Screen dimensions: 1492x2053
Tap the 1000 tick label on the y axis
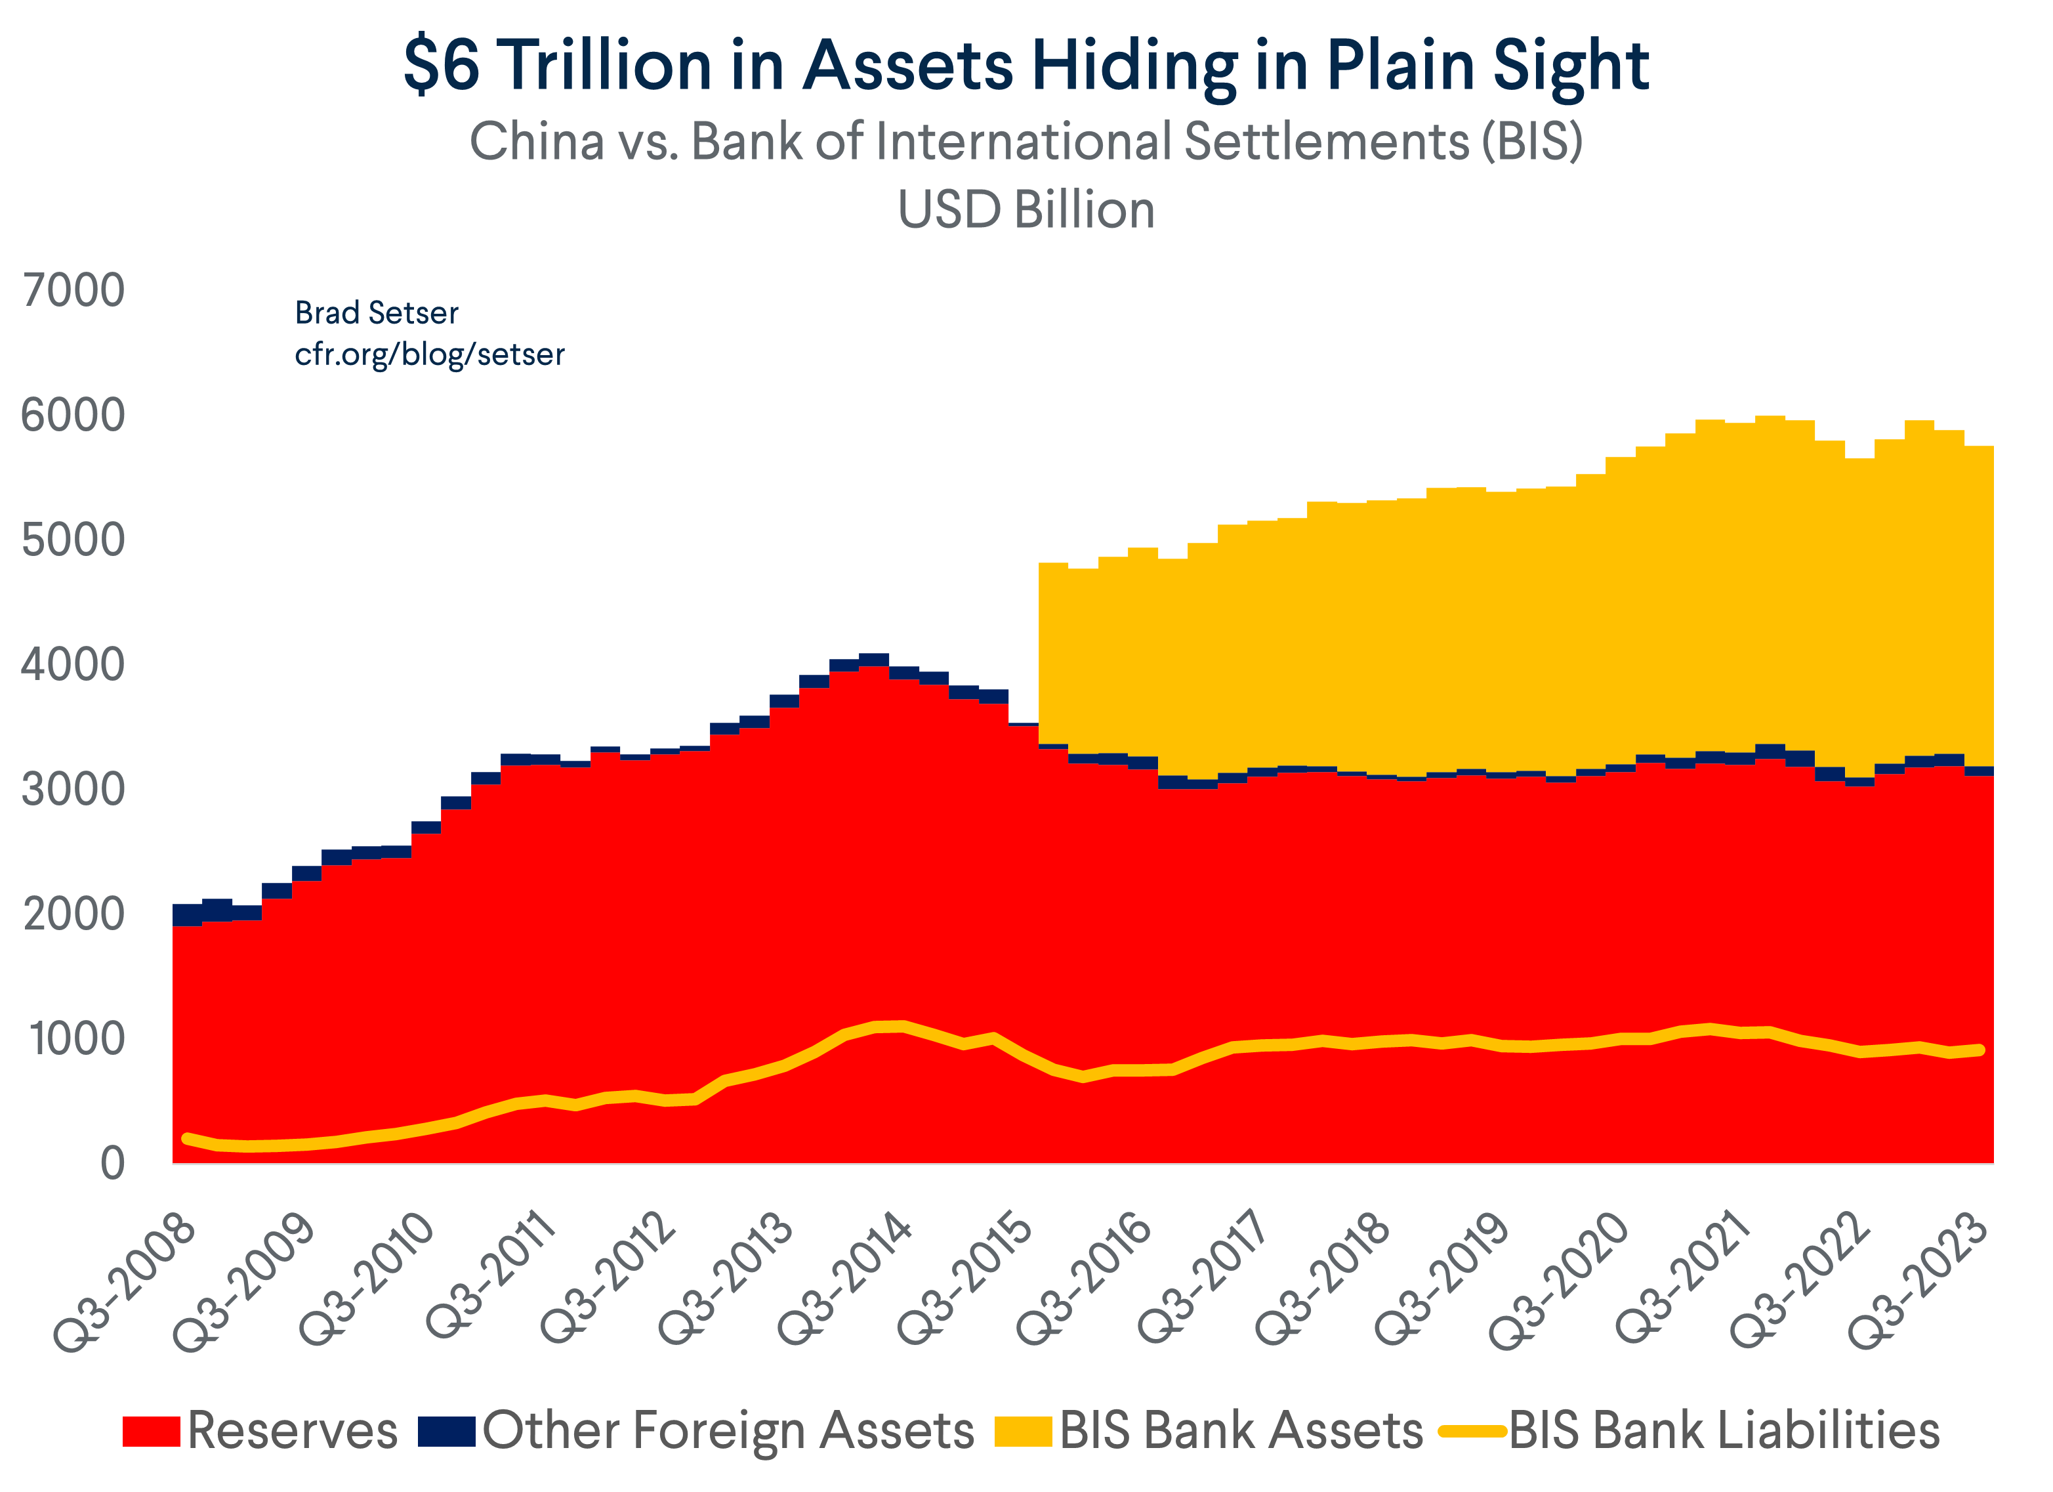(x=76, y=1039)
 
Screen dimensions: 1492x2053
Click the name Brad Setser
(x=377, y=313)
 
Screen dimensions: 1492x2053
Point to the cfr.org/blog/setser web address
(x=429, y=354)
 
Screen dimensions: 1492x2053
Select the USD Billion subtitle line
(x=1026, y=210)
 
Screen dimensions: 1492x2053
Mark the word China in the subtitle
(x=537, y=142)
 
